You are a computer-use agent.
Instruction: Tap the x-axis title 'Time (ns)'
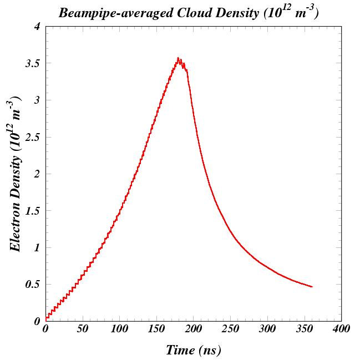(x=193, y=349)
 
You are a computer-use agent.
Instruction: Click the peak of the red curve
(x=178, y=58)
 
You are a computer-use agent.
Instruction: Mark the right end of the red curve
(x=312, y=287)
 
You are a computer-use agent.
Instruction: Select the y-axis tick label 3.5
(x=33, y=64)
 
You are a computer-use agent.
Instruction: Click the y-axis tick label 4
(x=37, y=27)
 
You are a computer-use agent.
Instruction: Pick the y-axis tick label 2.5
(x=33, y=138)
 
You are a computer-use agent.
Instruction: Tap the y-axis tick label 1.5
(x=33, y=211)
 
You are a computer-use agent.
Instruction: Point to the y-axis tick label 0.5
(x=33, y=285)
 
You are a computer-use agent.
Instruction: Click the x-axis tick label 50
(x=83, y=329)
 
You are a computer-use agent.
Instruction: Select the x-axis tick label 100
(x=119, y=329)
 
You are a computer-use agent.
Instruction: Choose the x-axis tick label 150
(x=156, y=329)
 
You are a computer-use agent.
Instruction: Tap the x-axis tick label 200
(x=194, y=329)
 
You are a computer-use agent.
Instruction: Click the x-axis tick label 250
(x=230, y=329)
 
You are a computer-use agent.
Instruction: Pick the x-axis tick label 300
(x=267, y=329)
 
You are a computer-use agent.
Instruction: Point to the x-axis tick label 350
(x=305, y=329)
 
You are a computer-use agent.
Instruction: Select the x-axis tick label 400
(x=341, y=329)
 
